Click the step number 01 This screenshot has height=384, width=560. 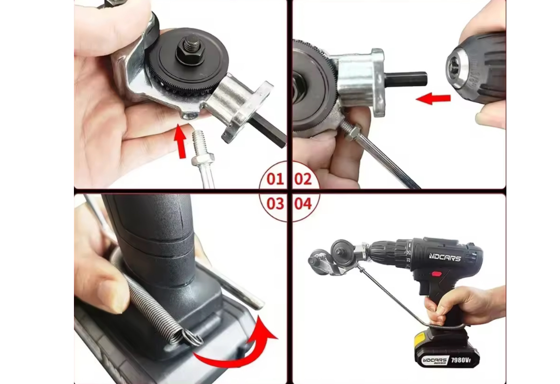(275, 179)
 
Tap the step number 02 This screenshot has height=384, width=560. (303, 179)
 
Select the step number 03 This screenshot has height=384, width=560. (275, 204)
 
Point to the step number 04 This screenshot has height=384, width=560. (303, 204)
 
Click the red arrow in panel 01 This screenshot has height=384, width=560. (180, 142)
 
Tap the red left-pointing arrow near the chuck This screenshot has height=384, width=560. (433, 99)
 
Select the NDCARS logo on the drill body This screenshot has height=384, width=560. (445, 257)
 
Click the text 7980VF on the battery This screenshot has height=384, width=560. (461, 360)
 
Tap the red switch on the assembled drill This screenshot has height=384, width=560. (436, 274)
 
